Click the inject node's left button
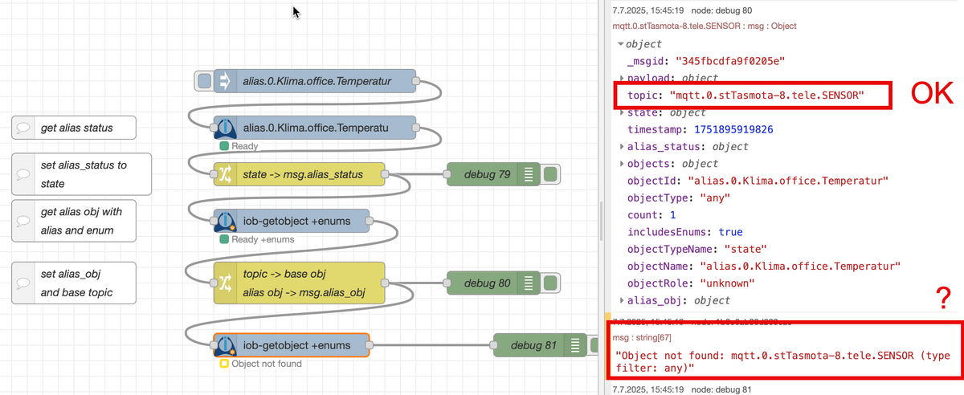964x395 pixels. pyautogui.click(x=205, y=80)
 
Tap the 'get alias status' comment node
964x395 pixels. pyautogui.click(x=73, y=128)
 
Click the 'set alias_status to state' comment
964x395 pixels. pyautogui.click(x=82, y=174)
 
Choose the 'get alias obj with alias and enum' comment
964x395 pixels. pyautogui.click(x=73, y=221)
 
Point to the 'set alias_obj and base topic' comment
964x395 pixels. pyautogui.click(x=73, y=283)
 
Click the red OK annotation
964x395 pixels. pyautogui.click(x=930, y=95)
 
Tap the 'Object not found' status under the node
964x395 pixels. pyautogui.click(x=266, y=364)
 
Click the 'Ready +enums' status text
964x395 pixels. pyautogui.click(x=263, y=239)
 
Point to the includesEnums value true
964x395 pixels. pyautogui.click(x=730, y=232)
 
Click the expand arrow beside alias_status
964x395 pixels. pyautogui.click(x=622, y=147)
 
